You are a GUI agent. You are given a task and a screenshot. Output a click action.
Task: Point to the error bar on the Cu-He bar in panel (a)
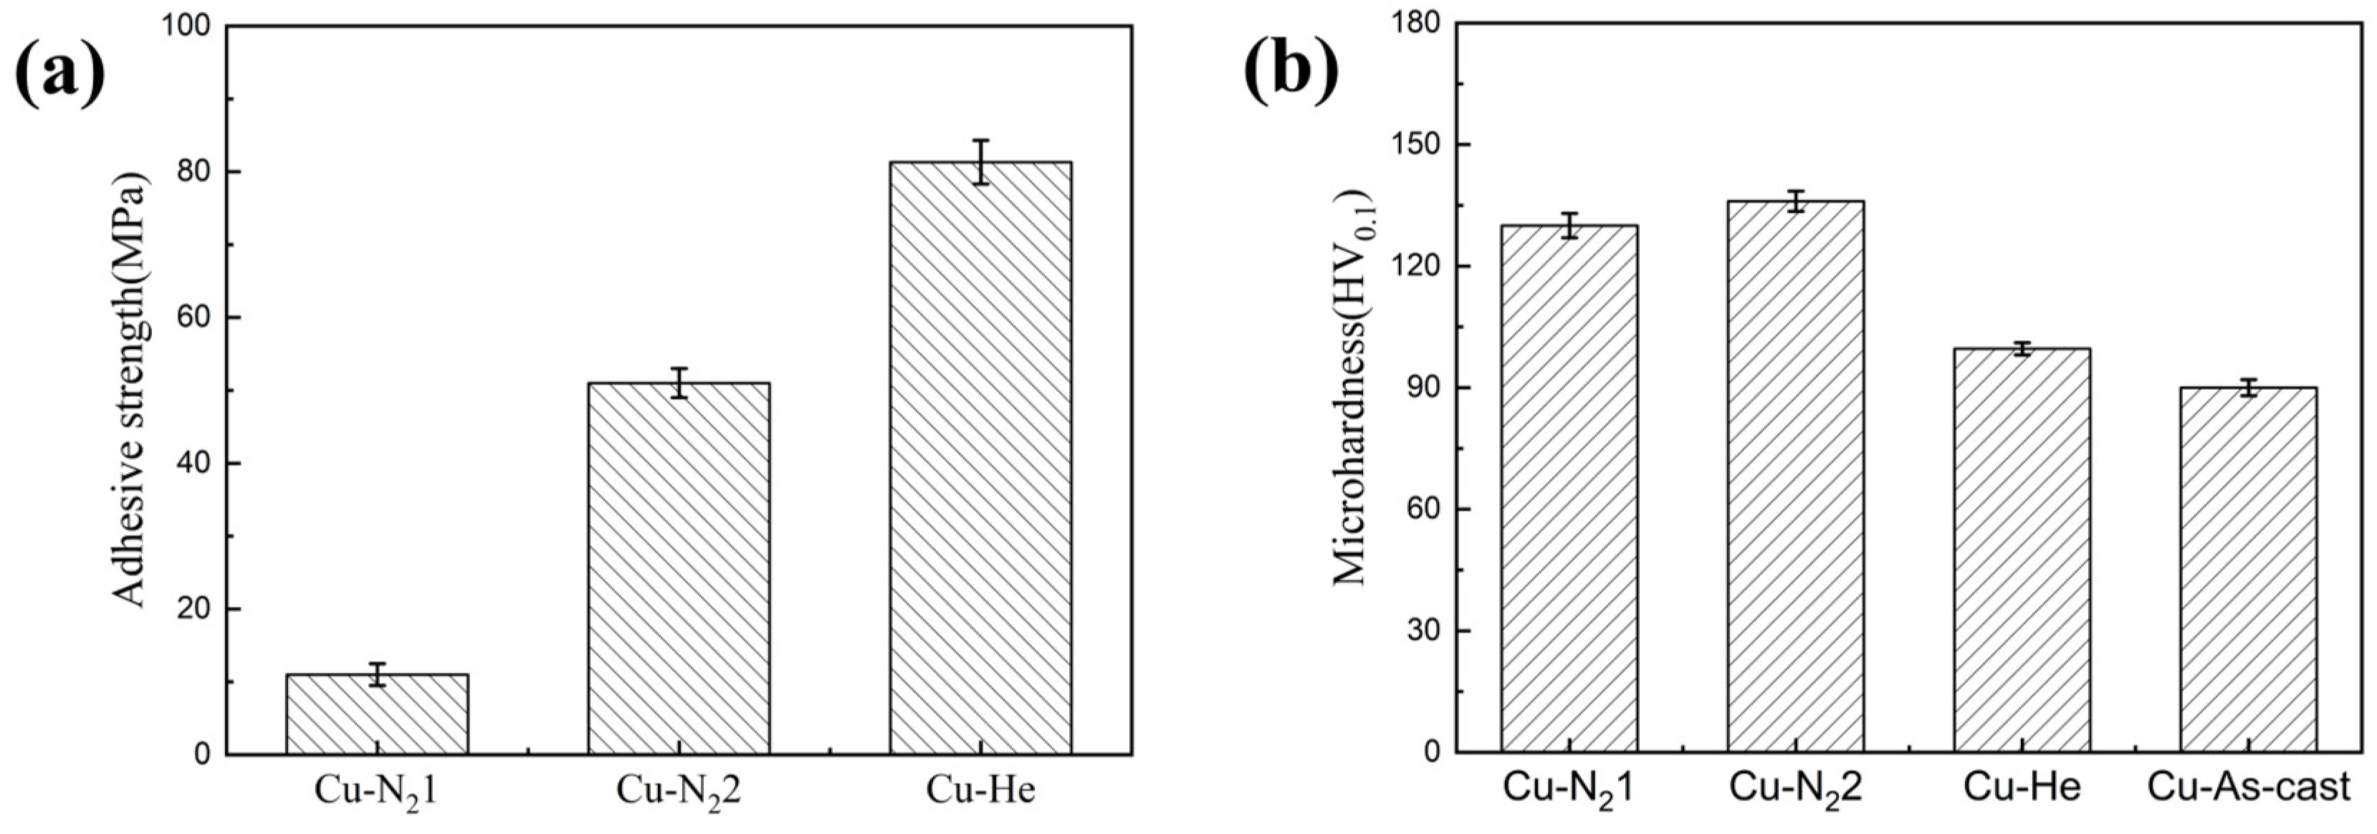click(980, 163)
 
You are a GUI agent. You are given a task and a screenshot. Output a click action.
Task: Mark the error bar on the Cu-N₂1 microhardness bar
click(1569, 225)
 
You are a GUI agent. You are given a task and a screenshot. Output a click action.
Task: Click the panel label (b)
click(1290, 70)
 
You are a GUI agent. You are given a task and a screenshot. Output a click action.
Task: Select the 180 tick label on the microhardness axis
click(1411, 22)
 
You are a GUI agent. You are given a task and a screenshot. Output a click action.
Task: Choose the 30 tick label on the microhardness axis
click(1421, 631)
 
